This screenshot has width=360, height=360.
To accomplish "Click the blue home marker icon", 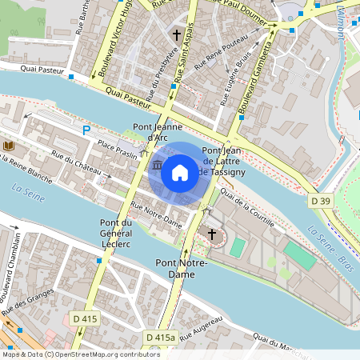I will point(180,171).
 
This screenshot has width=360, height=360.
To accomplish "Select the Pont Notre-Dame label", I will point(182,268).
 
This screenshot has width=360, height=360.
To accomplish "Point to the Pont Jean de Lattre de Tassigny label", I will point(222,162).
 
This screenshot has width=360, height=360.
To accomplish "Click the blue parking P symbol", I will point(86,130).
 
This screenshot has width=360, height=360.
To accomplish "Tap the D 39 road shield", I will point(321,200).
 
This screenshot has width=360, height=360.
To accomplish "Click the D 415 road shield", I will point(84,319).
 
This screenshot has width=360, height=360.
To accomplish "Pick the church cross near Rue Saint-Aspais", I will point(177,35).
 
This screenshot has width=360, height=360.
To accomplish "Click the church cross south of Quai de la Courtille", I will point(212,234).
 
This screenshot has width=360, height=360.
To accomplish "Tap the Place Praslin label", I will point(117,150).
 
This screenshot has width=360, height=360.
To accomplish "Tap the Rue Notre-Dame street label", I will point(156,215).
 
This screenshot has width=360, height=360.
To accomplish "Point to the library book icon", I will point(9,146).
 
